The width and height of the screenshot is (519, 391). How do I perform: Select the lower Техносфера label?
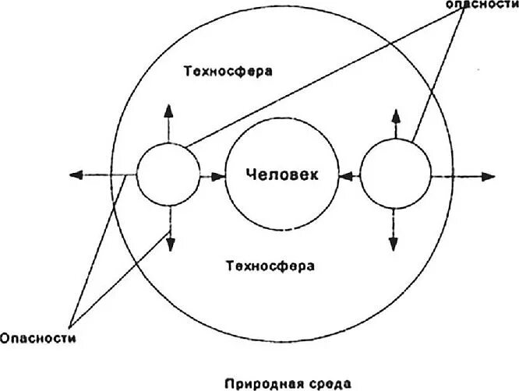click(270, 266)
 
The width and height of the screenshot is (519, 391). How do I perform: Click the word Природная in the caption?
click(254, 383)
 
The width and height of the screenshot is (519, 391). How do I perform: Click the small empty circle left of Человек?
click(168, 174)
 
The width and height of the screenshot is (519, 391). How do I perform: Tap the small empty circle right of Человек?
click(397, 174)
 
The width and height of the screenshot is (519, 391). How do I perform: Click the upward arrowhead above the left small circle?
click(168, 108)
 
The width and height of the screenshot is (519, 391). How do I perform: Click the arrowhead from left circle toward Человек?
click(217, 175)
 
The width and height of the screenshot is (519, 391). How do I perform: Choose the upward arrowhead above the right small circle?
click(397, 114)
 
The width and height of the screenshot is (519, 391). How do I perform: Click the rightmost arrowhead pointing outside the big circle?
click(489, 175)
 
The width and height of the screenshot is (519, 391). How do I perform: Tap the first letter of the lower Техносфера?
click(231, 266)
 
